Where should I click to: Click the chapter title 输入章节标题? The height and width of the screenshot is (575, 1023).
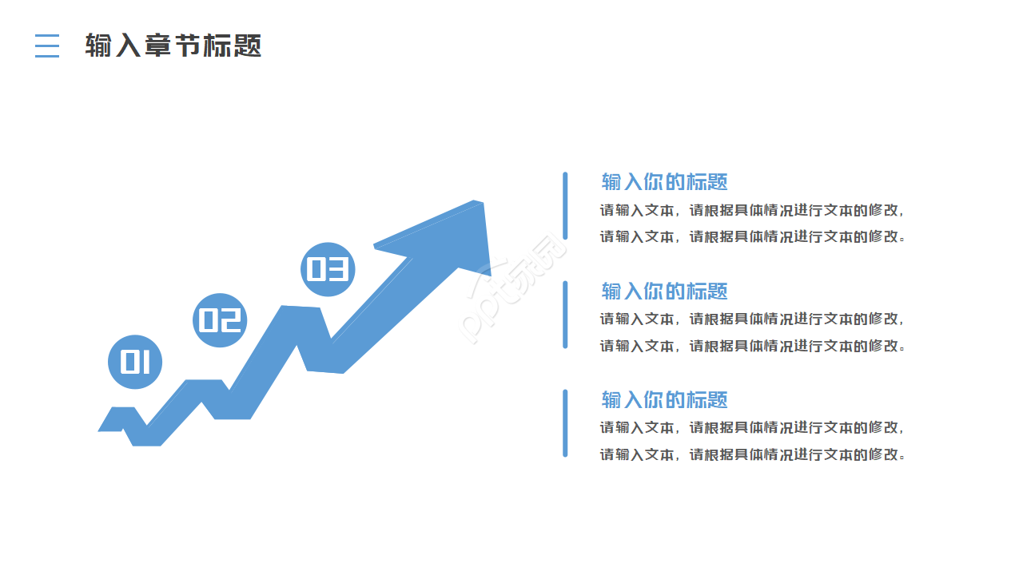click(173, 46)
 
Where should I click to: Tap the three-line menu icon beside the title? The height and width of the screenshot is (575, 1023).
click(47, 46)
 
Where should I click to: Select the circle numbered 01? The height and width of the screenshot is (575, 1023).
click(135, 362)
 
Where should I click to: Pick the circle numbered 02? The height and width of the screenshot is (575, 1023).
click(220, 320)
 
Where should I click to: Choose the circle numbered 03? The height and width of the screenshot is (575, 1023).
click(328, 269)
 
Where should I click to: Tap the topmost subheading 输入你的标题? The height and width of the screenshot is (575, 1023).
click(664, 182)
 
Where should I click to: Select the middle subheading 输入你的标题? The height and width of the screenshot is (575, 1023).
click(664, 291)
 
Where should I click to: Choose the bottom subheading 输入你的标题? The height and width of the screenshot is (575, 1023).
click(664, 400)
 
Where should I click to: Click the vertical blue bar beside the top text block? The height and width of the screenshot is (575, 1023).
click(565, 205)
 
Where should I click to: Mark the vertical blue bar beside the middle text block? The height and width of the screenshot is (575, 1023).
click(565, 315)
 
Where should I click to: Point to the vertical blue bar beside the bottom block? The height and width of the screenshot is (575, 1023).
click(565, 423)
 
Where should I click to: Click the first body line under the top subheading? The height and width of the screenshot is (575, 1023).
click(752, 211)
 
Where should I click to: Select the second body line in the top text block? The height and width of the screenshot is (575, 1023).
click(752, 236)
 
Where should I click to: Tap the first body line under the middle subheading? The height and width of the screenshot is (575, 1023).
click(752, 319)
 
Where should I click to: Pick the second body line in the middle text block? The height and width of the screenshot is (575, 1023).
click(752, 346)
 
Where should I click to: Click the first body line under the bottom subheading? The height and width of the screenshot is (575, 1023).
click(752, 428)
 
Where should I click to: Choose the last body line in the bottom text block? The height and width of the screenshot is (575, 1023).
click(752, 454)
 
